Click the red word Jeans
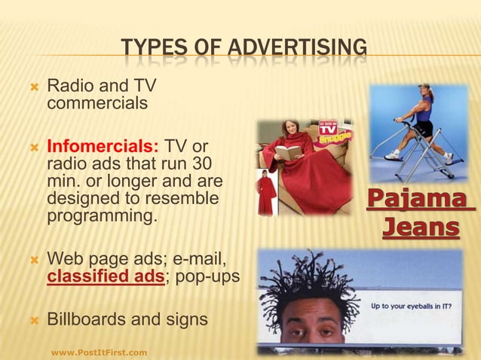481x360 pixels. pyautogui.click(x=420, y=227)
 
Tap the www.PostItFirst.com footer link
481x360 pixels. pyautogui.click(x=99, y=351)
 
